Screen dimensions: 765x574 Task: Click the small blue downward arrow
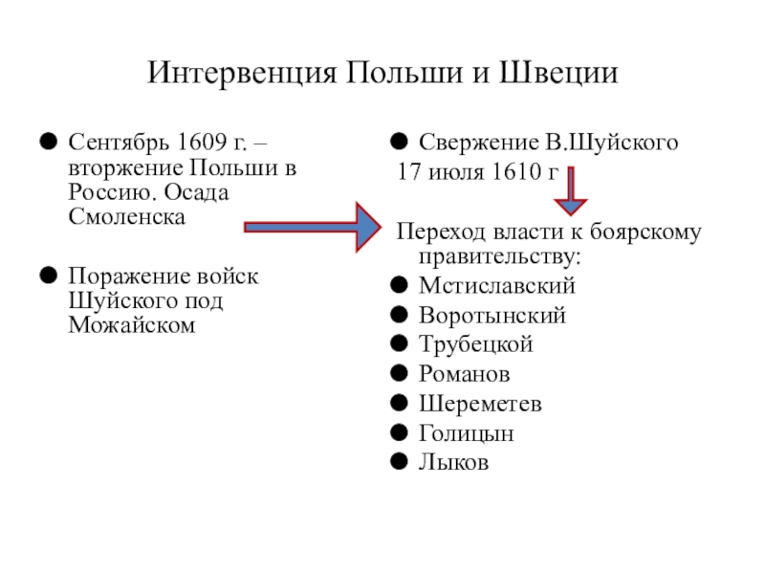click(x=572, y=190)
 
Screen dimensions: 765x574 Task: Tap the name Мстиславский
click(x=497, y=286)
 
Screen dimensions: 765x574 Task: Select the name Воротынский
click(x=492, y=316)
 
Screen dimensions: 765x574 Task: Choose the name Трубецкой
click(x=476, y=345)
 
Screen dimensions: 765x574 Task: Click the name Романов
click(x=465, y=375)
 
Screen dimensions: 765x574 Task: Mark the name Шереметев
click(x=480, y=404)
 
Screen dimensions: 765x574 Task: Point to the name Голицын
click(x=467, y=433)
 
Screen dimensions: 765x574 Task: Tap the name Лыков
click(x=454, y=463)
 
